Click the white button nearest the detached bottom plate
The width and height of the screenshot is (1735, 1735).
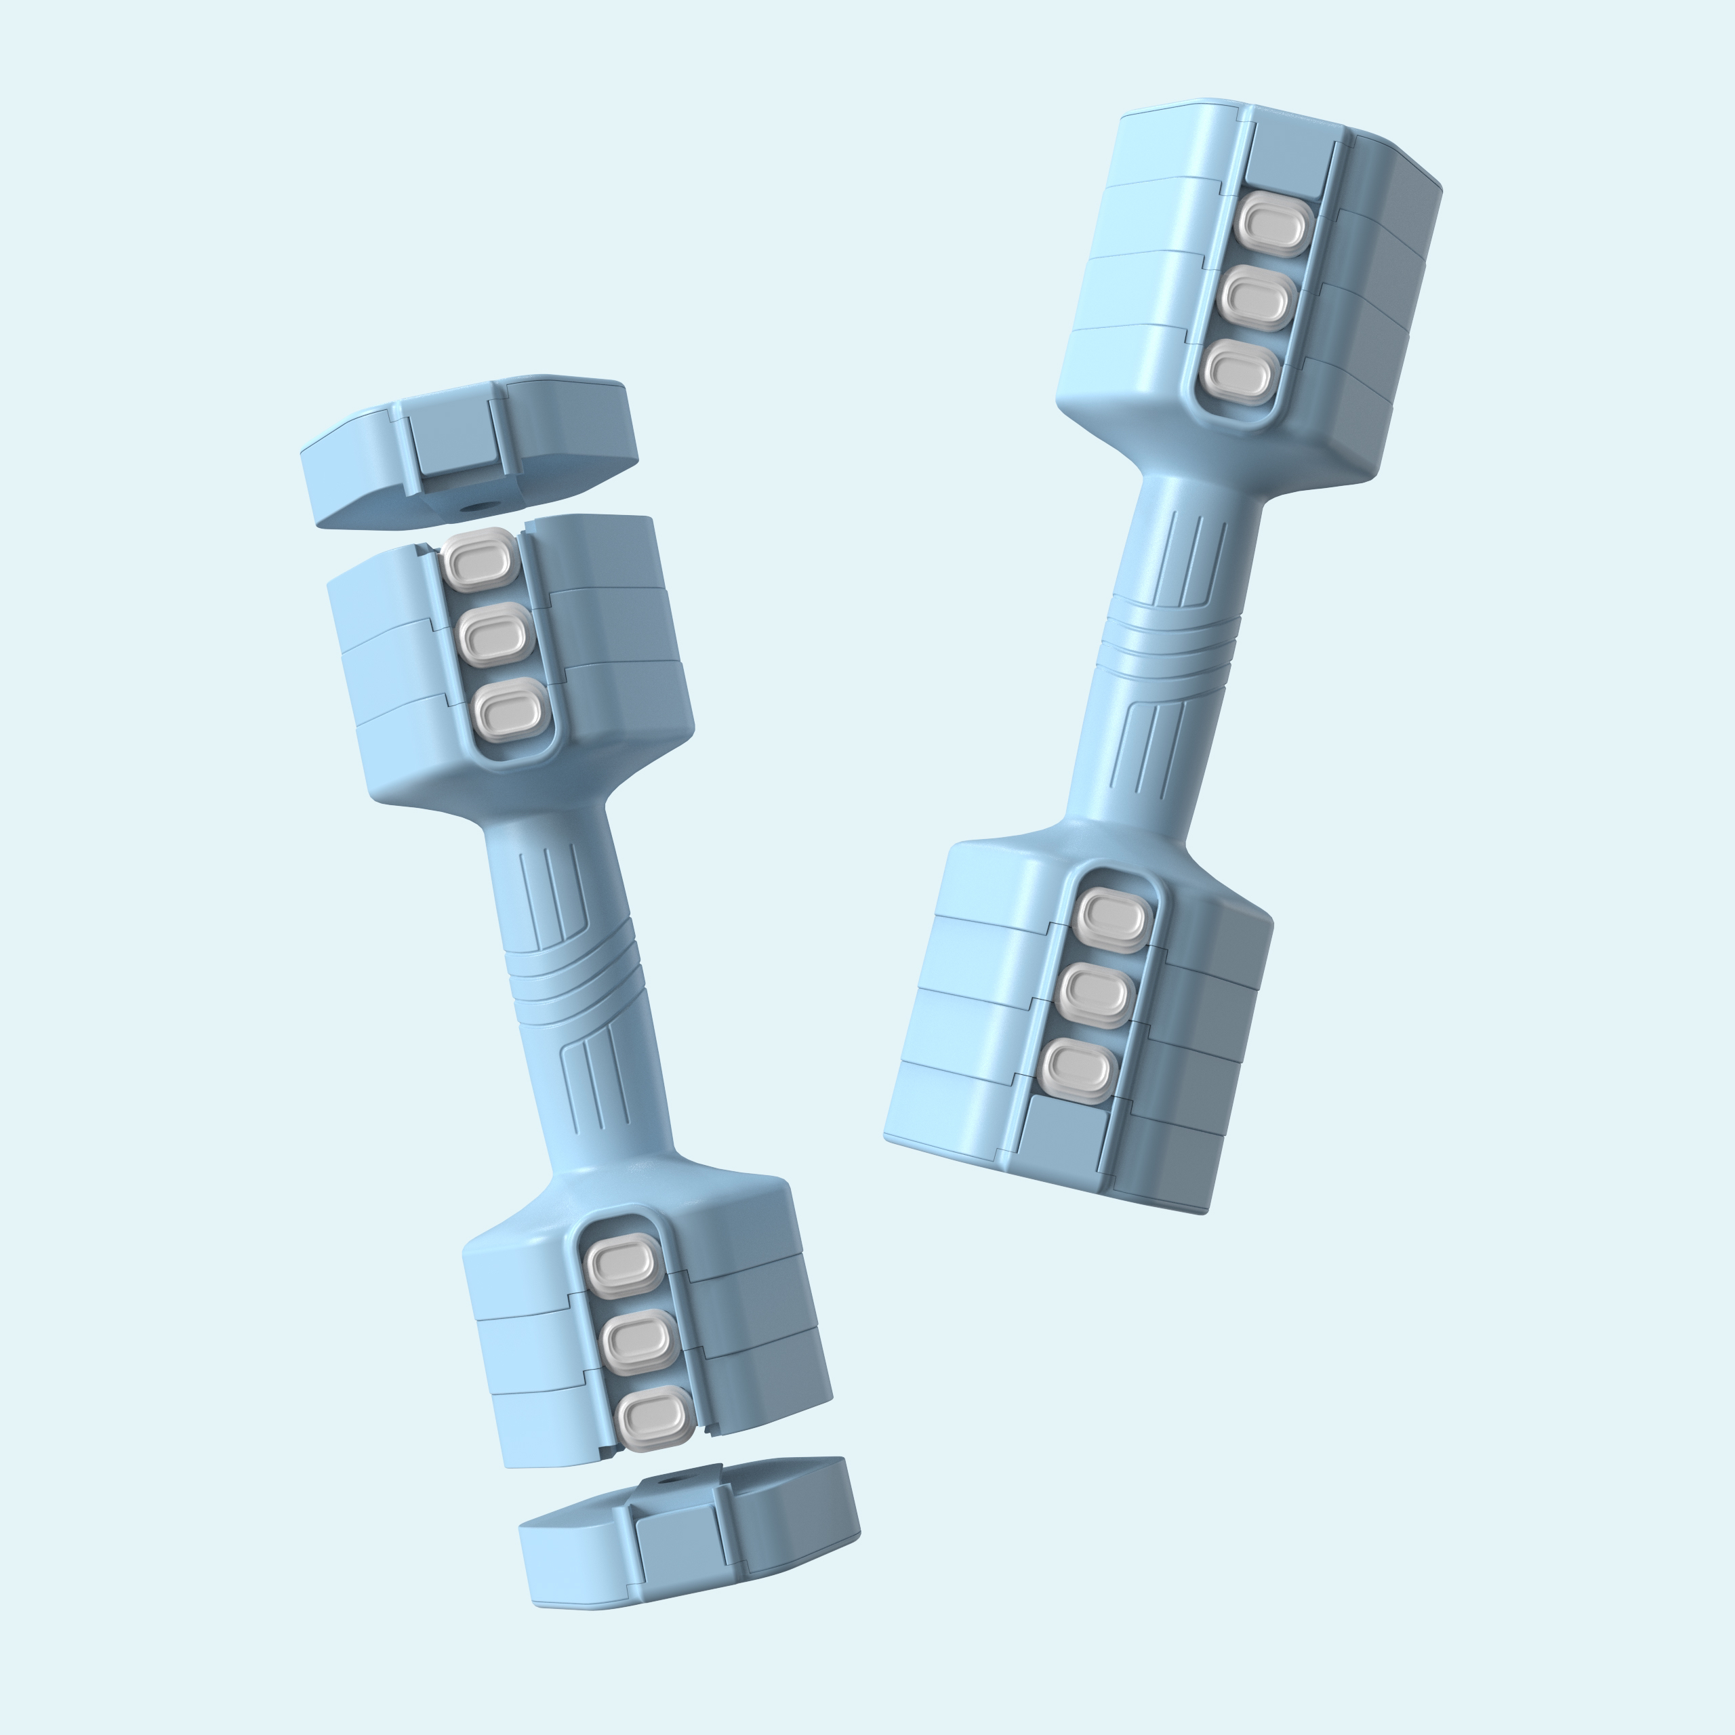[655, 1419]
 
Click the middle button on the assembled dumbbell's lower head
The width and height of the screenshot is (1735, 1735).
[1095, 994]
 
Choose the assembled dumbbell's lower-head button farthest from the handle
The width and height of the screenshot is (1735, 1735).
[1078, 1069]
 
